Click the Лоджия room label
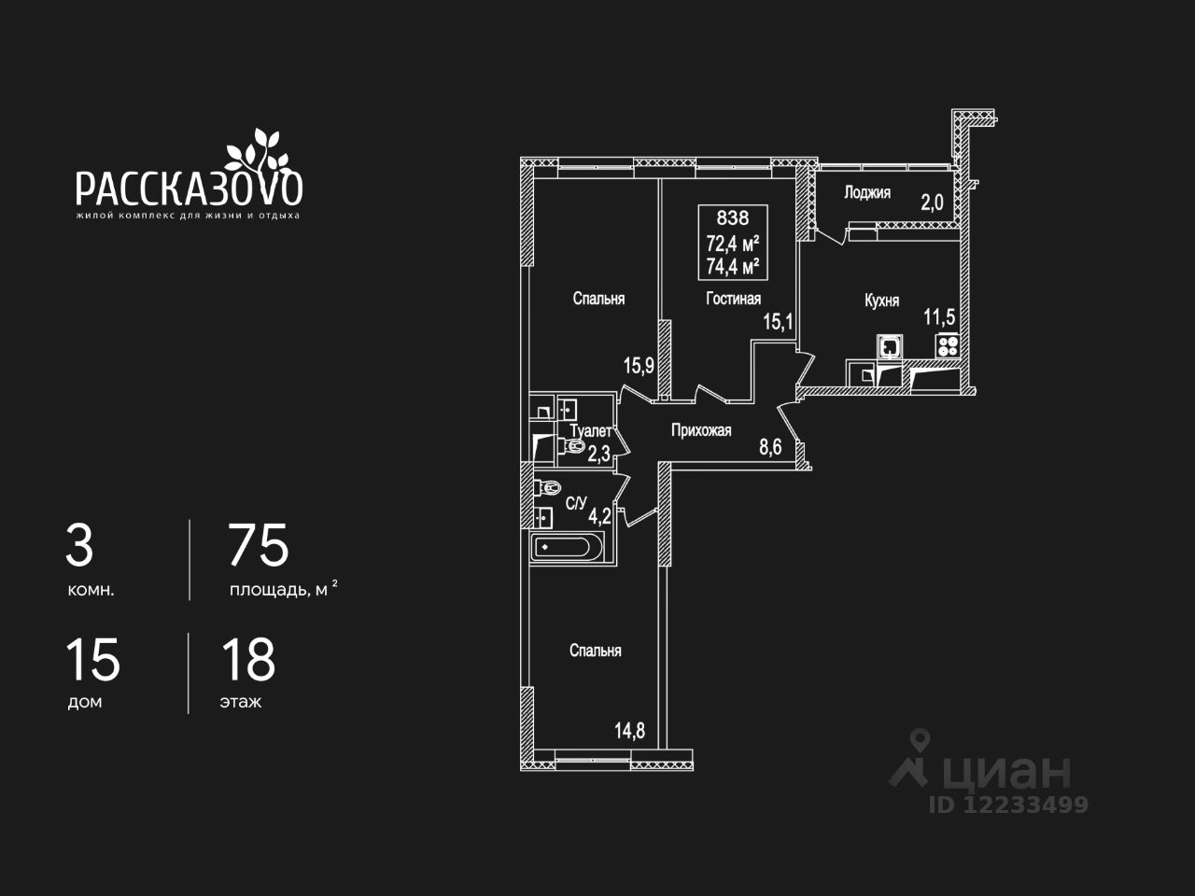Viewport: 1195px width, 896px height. point(866,193)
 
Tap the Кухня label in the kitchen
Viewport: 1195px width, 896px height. point(881,301)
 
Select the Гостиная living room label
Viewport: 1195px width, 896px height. point(733,299)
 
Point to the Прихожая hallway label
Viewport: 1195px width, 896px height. point(701,430)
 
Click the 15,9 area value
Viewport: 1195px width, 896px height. point(639,366)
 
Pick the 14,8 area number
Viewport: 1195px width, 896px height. point(629,731)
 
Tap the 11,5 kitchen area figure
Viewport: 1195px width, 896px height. point(939,316)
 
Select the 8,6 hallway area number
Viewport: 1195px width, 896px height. point(770,448)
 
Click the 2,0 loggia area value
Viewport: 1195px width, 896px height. point(933,203)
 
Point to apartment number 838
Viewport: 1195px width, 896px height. point(732,218)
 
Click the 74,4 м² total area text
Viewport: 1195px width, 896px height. point(733,266)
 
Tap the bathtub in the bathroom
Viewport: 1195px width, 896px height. point(569,547)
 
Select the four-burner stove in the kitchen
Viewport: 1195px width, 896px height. point(948,346)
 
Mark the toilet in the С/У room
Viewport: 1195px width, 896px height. point(548,487)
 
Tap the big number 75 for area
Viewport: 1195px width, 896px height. point(259,546)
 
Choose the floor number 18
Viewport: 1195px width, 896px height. point(248,660)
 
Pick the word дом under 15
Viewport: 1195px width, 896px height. point(84,702)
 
